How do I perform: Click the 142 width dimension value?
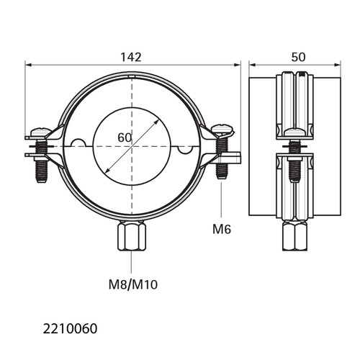point(131,57)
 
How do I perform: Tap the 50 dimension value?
point(298,57)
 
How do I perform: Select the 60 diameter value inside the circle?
point(125,138)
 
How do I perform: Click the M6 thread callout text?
point(222,229)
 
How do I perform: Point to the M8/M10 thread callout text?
point(133,285)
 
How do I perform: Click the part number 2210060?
point(70,329)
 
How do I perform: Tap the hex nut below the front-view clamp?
point(132,236)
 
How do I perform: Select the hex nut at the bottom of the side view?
point(295,236)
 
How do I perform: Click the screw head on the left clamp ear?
point(41,131)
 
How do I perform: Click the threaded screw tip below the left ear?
point(42,172)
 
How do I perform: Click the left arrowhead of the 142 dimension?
point(28,65)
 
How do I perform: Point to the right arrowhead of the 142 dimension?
point(237,65)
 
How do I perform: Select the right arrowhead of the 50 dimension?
point(337,65)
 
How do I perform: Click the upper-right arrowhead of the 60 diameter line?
point(156,122)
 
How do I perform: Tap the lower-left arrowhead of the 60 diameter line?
point(107,170)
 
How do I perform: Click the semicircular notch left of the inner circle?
point(78,143)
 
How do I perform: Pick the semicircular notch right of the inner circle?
point(185,150)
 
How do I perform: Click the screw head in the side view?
point(295,132)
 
